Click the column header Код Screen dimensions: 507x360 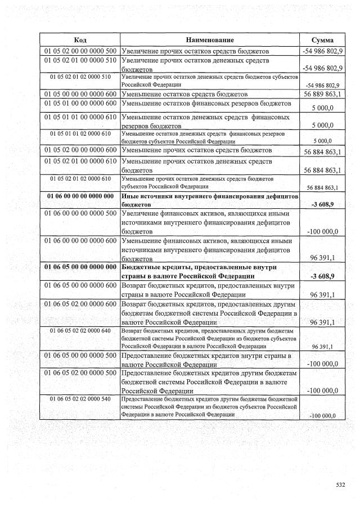(79, 40)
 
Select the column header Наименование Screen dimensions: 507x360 (210, 40)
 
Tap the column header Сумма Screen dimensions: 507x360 (322, 40)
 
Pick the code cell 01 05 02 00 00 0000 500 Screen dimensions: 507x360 (79, 51)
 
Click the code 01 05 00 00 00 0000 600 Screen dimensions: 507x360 (79, 94)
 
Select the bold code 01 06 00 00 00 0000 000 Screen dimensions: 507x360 (79, 195)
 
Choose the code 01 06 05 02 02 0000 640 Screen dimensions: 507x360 (79, 331)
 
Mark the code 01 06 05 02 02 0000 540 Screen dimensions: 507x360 (79, 399)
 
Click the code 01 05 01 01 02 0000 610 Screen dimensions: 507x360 (79, 133)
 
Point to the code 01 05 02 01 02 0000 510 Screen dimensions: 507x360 (79, 76)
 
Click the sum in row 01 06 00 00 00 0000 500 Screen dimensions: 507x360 (322, 231)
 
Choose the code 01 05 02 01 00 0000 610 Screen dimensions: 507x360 (79, 161)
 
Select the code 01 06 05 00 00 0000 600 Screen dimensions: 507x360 (79, 286)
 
